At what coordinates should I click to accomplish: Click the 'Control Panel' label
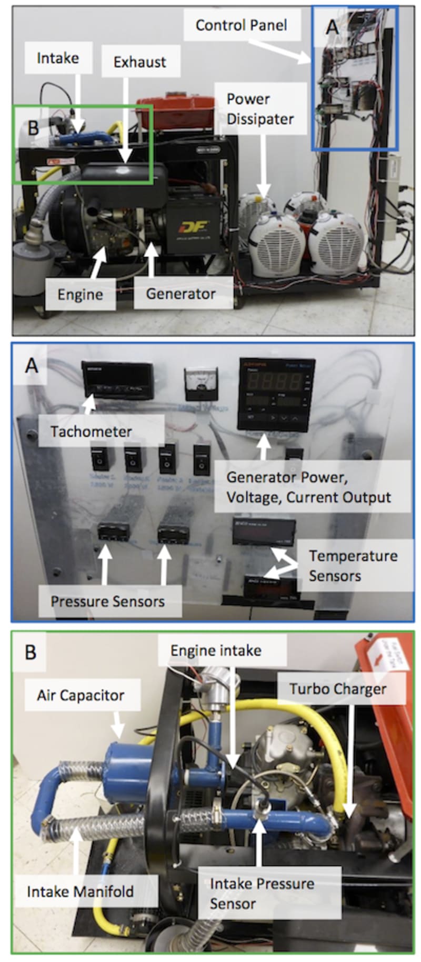(241, 25)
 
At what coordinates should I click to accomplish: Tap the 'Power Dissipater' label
(259, 109)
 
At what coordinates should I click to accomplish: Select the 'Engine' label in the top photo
(80, 294)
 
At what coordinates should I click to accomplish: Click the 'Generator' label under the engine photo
(181, 294)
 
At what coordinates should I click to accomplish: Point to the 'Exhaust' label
(139, 62)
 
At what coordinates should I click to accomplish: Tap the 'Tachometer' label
(91, 432)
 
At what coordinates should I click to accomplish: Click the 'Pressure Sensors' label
(107, 602)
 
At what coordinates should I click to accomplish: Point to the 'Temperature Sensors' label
(353, 566)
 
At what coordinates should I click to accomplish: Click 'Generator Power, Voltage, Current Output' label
(308, 487)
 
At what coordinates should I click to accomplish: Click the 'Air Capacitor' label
(81, 695)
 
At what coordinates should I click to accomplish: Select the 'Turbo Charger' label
(338, 689)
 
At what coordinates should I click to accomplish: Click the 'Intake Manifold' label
(80, 891)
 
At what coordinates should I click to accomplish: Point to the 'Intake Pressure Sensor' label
(262, 894)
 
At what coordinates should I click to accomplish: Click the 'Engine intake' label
(216, 650)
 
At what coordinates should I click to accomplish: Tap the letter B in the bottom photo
(31, 653)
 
